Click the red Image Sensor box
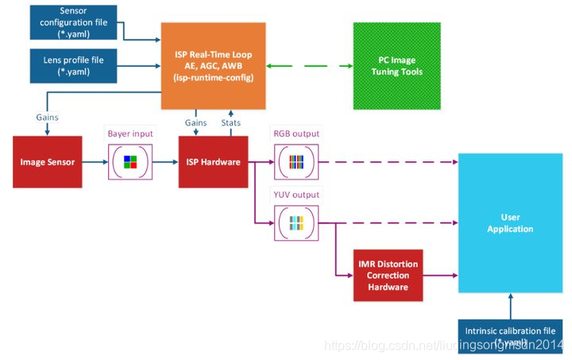tap(48, 162)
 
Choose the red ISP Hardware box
tap(214, 162)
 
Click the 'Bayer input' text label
tap(129, 133)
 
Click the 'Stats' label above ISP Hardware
tap(231, 122)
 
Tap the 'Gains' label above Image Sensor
tap(47, 116)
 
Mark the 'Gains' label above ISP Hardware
tap(196, 122)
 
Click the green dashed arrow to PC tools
tap(310, 66)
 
